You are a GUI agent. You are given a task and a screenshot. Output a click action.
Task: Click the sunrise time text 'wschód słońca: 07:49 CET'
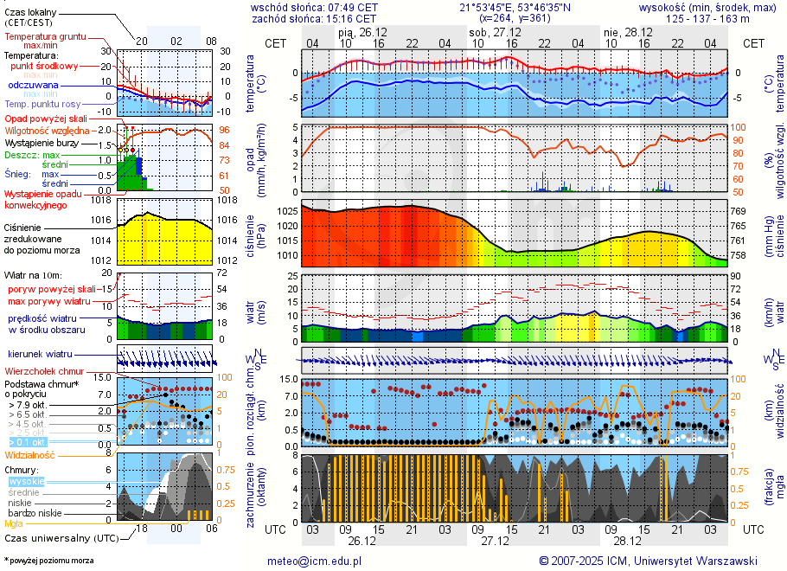click(x=314, y=7)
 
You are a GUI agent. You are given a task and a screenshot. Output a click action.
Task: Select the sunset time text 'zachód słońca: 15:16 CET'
click(x=314, y=18)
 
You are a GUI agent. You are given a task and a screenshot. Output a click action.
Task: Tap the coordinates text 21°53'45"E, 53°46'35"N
click(x=515, y=7)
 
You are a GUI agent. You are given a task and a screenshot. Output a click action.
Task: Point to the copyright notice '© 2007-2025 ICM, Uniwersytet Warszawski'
click(x=648, y=561)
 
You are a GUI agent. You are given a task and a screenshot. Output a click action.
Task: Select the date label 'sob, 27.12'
click(x=490, y=32)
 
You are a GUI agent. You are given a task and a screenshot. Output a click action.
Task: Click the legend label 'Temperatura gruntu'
click(x=45, y=37)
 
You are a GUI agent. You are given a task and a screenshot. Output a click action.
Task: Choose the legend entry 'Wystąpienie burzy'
click(x=41, y=142)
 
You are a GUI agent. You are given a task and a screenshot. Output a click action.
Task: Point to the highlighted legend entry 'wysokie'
click(x=27, y=481)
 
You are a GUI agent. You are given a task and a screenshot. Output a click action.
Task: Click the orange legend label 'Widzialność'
click(x=30, y=454)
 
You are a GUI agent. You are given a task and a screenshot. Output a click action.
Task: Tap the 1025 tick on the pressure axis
click(x=287, y=211)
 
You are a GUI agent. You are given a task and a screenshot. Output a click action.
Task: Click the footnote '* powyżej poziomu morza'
click(x=49, y=561)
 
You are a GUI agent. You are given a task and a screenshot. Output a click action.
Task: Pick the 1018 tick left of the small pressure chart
click(x=102, y=200)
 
